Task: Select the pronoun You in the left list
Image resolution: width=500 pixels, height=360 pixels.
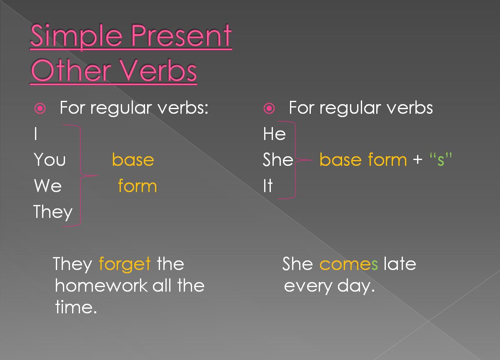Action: pyautogui.click(x=50, y=160)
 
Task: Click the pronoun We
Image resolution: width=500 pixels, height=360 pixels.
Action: pyautogui.click(x=47, y=185)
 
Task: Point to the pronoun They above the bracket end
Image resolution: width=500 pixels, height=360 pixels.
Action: pyautogui.click(x=53, y=212)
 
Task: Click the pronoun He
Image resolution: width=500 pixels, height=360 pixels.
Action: pyautogui.click(x=274, y=134)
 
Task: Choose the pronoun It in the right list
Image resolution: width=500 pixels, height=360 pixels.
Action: pyautogui.click(x=267, y=185)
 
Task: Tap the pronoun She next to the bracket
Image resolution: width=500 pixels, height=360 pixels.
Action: pyautogui.click(x=278, y=160)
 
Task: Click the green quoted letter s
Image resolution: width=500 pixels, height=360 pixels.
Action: pyautogui.click(x=441, y=160)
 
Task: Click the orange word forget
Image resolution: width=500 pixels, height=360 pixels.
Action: pyautogui.click(x=125, y=264)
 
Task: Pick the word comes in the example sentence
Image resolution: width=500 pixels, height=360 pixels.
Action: pyautogui.click(x=348, y=264)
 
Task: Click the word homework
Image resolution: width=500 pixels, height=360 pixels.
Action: pyautogui.click(x=101, y=286)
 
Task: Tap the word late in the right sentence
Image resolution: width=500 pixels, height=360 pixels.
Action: pyautogui.click(x=400, y=264)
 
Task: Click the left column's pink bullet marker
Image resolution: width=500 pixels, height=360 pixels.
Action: pyautogui.click(x=40, y=109)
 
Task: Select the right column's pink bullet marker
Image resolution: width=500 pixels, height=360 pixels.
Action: pyautogui.click(x=269, y=109)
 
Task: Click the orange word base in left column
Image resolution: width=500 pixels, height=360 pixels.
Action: pyautogui.click(x=133, y=160)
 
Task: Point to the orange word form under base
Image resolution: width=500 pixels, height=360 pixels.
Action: pyautogui.click(x=137, y=186)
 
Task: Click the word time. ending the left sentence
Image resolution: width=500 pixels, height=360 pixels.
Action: pyautogui.click(x=76, y=307)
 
